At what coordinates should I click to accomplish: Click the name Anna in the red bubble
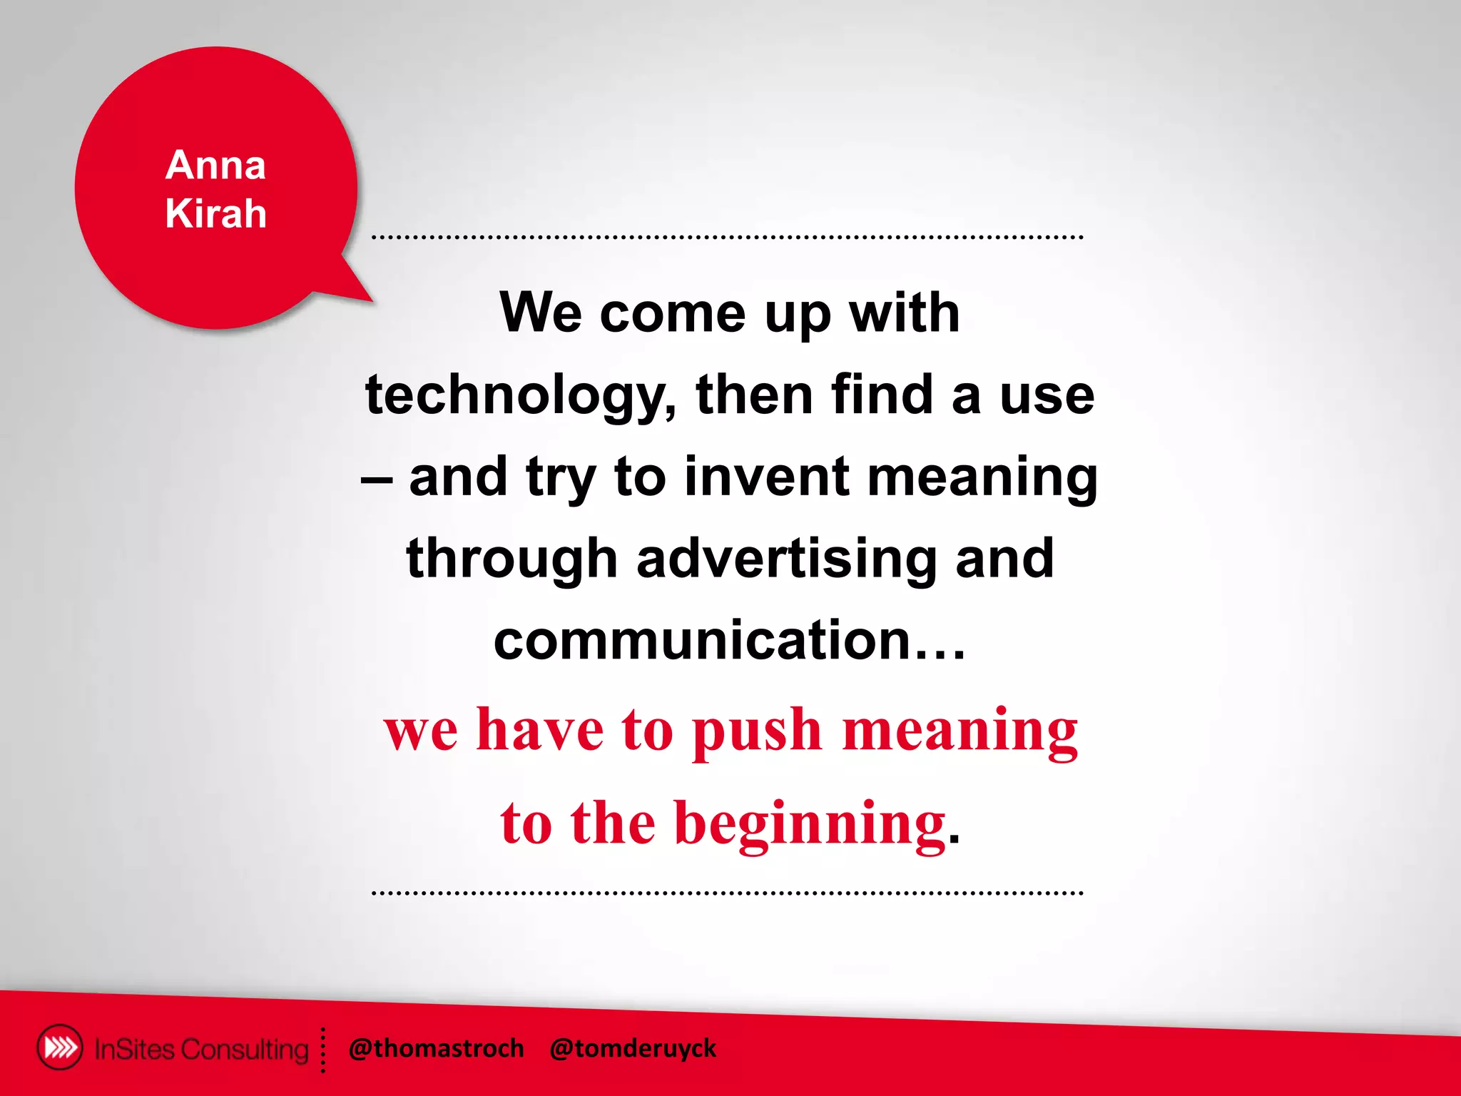pyautogui.click(x=215, y=165)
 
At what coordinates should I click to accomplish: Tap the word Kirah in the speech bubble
pyautogui.click(x=215, y=213)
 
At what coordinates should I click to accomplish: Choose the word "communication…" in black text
pyautogui.click(x=729, y=640)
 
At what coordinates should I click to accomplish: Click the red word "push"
pyautogui.click(x=758, y=732)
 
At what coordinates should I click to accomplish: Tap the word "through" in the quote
pyautogui.click(x=511, y=560)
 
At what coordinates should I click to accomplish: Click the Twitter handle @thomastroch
pyautogui.click(x=436, y=1048)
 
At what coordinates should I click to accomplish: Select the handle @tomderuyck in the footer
pyautogui.click(x=633, y=1048)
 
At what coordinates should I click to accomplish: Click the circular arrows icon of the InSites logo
pyautogui.click(x=59, y=1047)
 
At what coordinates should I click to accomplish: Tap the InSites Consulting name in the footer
pyautogui.click(x=201, y=1049)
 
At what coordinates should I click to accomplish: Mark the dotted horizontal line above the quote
pyautogui.click(x=728, y=236)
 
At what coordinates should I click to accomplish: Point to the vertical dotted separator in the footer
pyautogui.click(x=323, y=1050)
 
